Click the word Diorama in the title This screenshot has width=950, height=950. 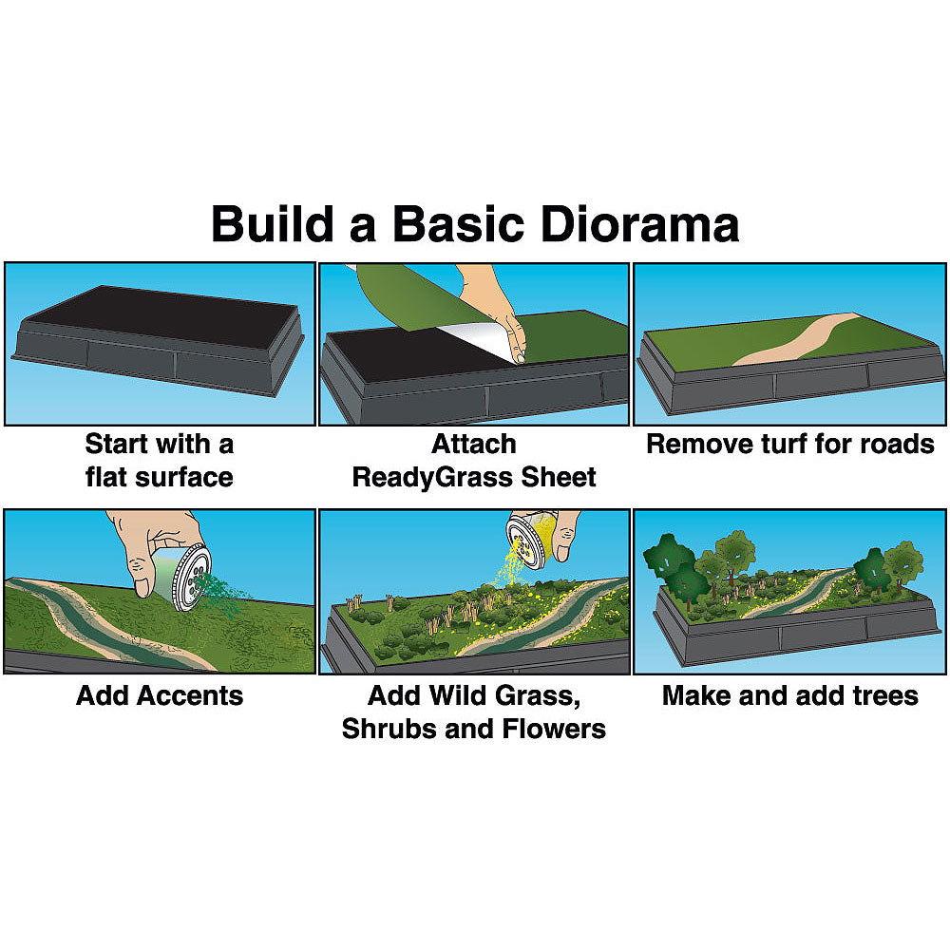coord(639,223)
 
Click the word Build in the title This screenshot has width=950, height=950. coord(273,223)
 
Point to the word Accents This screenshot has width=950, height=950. coord(190,695)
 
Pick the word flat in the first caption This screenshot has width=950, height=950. coord(105,477)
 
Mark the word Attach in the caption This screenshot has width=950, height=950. coord(474,444)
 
